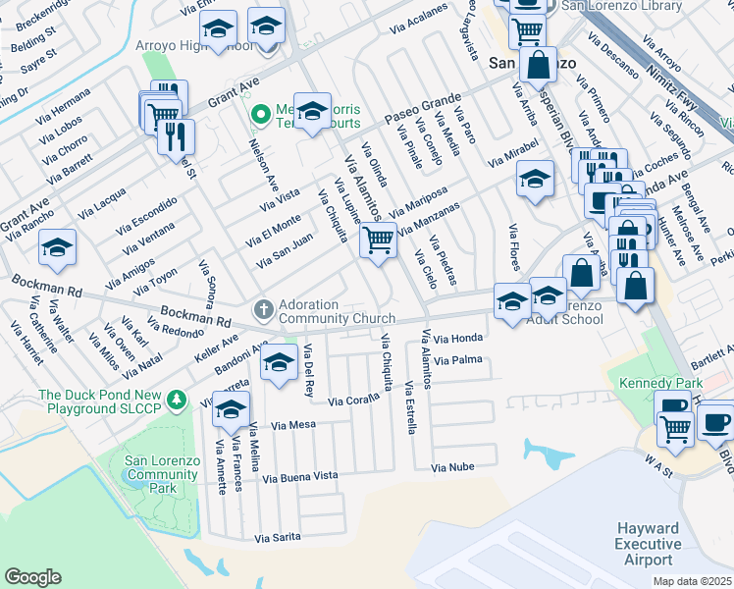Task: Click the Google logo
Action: [x=32, y=577]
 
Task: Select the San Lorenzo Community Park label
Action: [x=163, y=474]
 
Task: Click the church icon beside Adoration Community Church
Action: [x=263, y=310]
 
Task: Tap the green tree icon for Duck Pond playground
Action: [x=176, y=400]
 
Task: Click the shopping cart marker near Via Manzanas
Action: [x=378, y=240]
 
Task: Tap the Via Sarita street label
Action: [x=277, y=538]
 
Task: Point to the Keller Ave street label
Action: [x=216, y=347]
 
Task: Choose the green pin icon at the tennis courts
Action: [x=260, y=115]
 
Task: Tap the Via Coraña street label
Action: [x=353, y=402]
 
